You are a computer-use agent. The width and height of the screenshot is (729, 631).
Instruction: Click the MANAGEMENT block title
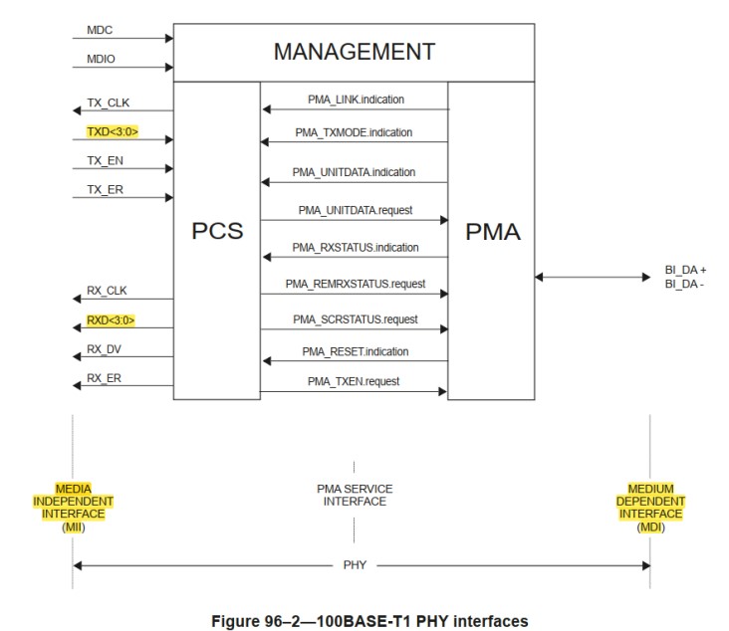click(354, 52)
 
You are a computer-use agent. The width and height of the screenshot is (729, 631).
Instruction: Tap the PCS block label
click(217, 231)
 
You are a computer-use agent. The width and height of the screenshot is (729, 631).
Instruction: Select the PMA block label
click(492, 231)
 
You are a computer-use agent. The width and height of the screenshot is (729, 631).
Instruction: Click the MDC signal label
click(88, 31)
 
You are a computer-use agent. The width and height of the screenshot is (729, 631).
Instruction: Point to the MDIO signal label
click(90, 59)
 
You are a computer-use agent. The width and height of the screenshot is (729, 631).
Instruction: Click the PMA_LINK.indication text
click(354, 102)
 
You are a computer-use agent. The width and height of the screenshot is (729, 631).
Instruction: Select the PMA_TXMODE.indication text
click(354, 132)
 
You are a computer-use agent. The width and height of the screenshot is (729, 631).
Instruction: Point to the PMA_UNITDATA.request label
click(354, 212)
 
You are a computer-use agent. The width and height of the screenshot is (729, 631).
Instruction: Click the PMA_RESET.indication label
click(354, 351)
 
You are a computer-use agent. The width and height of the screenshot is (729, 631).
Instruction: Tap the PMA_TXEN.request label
click(354, 381)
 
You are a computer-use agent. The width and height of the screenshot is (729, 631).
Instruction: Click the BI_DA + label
click(685, 270)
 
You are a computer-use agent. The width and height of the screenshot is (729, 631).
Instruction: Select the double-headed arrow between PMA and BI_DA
click(592, 277)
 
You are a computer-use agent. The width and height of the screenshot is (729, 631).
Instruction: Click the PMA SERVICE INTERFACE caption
click(354, 495)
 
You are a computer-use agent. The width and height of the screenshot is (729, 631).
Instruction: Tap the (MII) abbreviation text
click(72, 526)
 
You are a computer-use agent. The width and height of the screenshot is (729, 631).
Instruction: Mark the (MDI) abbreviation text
click(649, 526)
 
